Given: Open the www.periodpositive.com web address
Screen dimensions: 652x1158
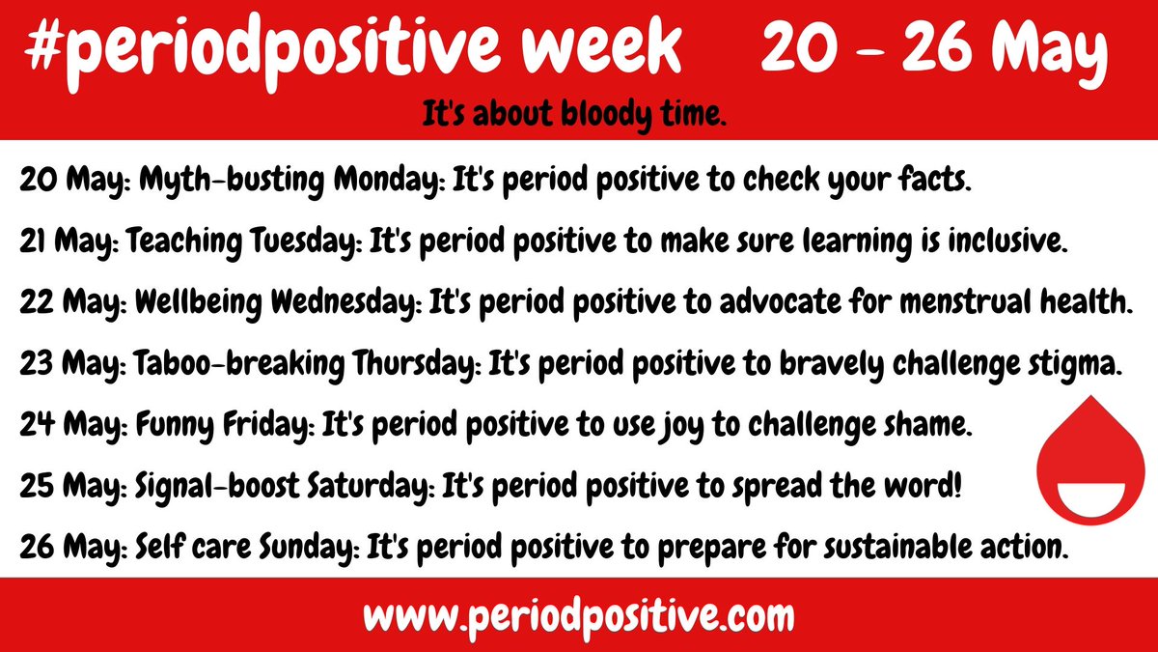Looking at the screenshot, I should [579, 614].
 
